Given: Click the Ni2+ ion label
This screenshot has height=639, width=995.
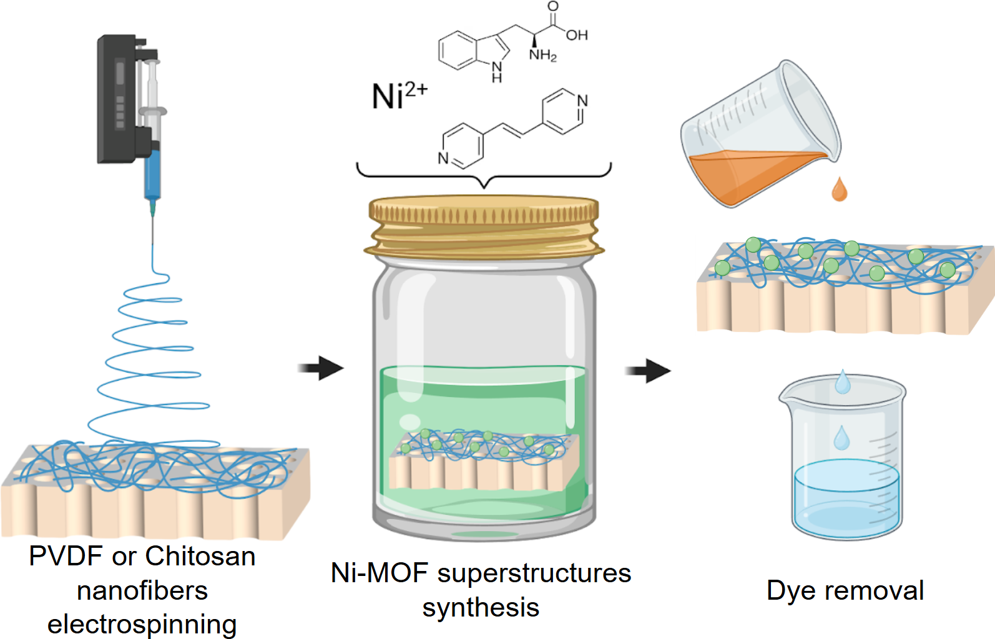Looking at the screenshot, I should coord(399,96).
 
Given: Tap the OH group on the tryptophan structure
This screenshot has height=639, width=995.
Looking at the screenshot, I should coord(577,35).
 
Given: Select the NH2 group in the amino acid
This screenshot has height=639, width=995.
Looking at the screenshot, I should coord(542,56).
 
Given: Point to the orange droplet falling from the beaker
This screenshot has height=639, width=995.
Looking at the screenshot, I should coord(840,190).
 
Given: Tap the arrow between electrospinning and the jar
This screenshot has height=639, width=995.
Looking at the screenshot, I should coord(321,368).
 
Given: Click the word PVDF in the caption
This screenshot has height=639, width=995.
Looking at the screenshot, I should coord(66,556).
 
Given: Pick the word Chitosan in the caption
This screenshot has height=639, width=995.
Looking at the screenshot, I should coord(200,556).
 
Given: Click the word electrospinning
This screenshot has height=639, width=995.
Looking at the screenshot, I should coord(142,624).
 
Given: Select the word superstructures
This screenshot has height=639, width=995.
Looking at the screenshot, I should coord(534,573).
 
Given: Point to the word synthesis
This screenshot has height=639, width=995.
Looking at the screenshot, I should coord(481,607).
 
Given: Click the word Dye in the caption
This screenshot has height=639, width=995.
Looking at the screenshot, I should coord(788,590).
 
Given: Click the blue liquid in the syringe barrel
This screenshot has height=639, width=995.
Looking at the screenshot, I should coord(152,175).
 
